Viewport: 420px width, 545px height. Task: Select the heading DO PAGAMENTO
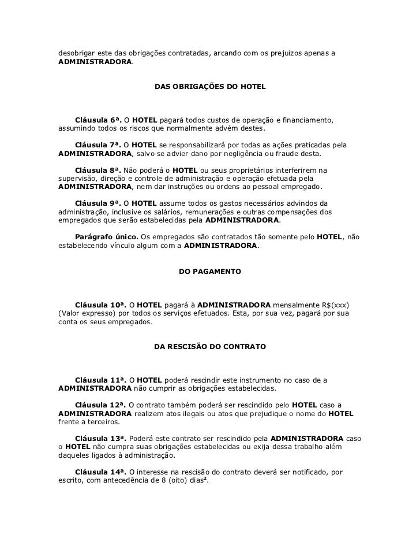[210, 270]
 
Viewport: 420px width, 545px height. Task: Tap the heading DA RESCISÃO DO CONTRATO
[210, 347]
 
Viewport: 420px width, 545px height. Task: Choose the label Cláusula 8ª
[99, 170]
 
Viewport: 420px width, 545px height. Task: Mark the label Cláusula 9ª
[99, 203]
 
